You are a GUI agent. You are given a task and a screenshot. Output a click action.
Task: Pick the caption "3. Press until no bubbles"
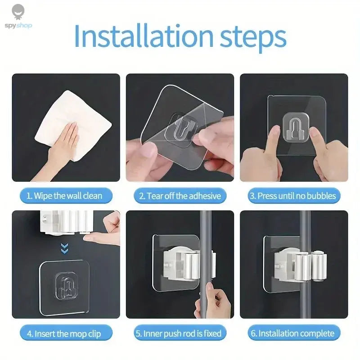(293, 196)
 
